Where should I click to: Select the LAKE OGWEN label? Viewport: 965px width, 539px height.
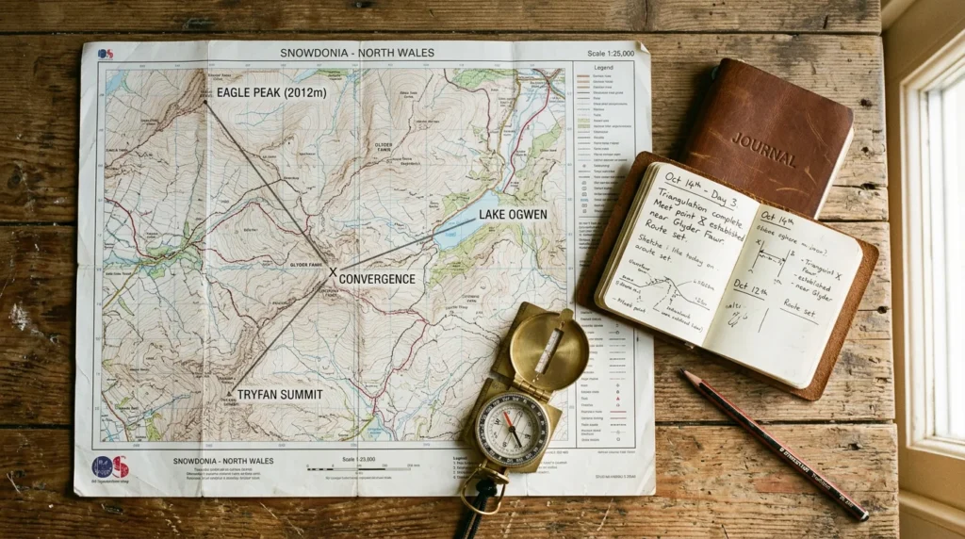click(x=512, y=215)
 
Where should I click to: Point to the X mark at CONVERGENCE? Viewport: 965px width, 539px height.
click(x=332, y=273)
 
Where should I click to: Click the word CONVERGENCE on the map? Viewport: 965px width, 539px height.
click(x=377, y=279)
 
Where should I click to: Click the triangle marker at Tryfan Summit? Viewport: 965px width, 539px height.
click(x=229, y=390)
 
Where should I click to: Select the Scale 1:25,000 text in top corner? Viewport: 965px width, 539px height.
click(x=610, y=54)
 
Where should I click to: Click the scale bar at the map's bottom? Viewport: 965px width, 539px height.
click(x=347, y=468)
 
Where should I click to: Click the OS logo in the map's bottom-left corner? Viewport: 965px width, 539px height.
click(x=110, y=465)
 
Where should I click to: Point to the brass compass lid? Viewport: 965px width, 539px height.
click(x=548, y=350)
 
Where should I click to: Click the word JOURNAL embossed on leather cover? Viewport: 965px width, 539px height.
click(x=764, y=149)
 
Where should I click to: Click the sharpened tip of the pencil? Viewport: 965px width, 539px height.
click(x=687, y=375)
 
